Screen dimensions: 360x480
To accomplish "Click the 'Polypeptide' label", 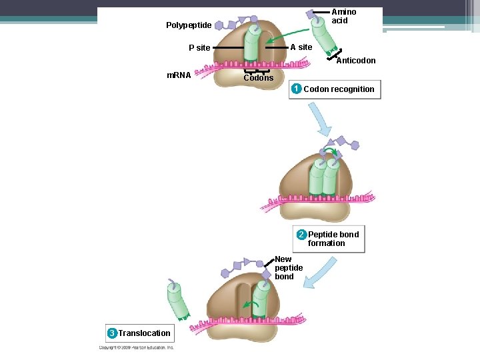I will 189,25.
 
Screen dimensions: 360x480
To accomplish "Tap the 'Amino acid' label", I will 343,16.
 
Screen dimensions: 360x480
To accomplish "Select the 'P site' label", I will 199,48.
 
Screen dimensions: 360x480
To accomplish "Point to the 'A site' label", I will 301,47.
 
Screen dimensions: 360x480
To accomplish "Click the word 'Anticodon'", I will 356,61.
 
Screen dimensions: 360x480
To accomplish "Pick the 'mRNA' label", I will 179,75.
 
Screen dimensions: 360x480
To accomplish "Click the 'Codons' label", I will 258,78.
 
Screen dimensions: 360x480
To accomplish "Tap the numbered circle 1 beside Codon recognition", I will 297,89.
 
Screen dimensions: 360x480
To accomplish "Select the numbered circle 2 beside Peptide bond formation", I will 301,235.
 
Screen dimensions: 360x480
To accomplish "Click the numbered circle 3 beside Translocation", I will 112,333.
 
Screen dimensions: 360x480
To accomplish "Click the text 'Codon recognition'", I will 339,89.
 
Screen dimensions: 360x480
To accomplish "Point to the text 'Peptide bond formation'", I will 333,239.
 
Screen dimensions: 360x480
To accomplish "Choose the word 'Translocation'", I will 145,333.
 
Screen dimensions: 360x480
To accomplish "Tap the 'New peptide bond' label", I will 288,268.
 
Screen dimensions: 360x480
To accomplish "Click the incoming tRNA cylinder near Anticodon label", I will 327,44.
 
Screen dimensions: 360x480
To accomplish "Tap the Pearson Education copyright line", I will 137,347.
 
